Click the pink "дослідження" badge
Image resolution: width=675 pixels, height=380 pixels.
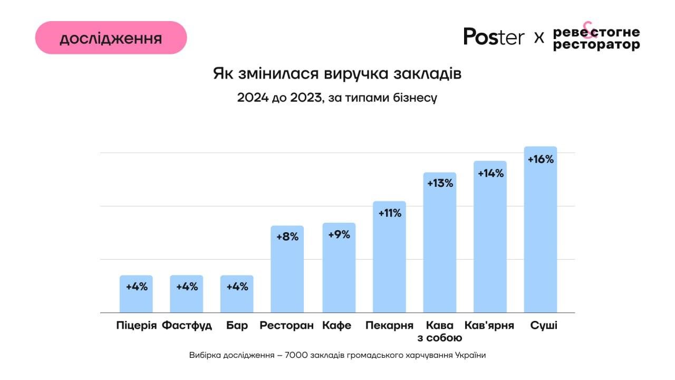[x=111, y=38]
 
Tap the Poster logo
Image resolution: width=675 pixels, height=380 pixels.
[x=494, y=36]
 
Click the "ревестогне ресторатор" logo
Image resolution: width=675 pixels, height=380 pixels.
[x=596, y=38]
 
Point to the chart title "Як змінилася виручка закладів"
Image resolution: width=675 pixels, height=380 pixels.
[x=337, y=73]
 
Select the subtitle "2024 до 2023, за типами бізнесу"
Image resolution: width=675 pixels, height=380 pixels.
[x=337, y=98]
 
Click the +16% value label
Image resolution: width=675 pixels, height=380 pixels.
[x=541, y=159]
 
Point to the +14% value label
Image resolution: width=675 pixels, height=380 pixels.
[x=490, y=173]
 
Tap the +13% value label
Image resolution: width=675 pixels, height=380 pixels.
[x=440, y=184]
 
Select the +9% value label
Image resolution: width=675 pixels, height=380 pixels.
[x=339, y=235]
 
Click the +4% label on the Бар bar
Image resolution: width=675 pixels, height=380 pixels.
[x=237, y=287]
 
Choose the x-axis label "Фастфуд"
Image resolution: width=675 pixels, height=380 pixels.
[x=187, y=325]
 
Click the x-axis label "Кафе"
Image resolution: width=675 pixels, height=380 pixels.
[x=336, y=325]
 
